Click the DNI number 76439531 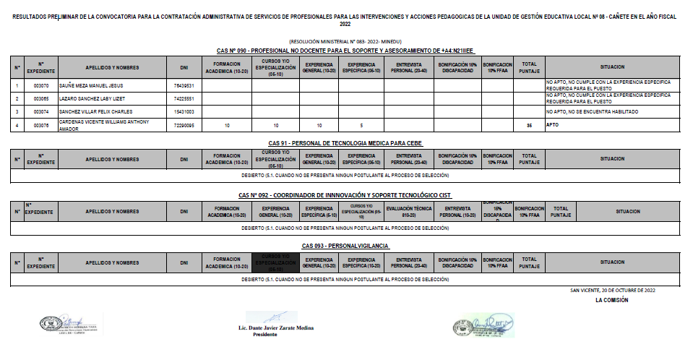click(x=184, y=85)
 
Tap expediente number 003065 click(x=41, y=98)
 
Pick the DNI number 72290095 click(x=184, y=126)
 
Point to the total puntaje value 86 click(x=529, y=126)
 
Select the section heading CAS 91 click(x=345, y=143)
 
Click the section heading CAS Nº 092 click(x=345, y=195)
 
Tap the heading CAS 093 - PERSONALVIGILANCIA click(x=345, y=247)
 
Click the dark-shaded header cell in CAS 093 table click(x=275, y=262)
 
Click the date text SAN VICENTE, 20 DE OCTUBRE click(x=612, y=290)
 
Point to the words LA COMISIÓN click(x=611, y=299)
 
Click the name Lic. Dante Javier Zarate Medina click(x=276, y=327)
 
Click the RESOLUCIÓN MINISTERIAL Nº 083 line click(x=345, y=43)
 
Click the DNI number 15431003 click(x=184, y=112)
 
